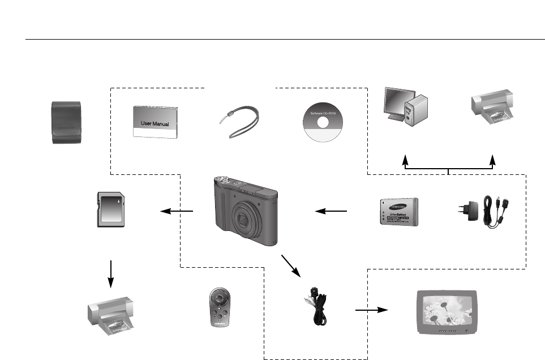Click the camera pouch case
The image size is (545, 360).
(66, 122)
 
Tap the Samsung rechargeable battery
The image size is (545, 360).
(398, 212)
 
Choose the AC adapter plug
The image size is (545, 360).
(471, 211)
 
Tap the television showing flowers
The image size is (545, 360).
(446, 310)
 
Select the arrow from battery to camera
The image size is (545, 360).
(332, 211)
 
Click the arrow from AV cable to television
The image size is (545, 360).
(371, 310)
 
